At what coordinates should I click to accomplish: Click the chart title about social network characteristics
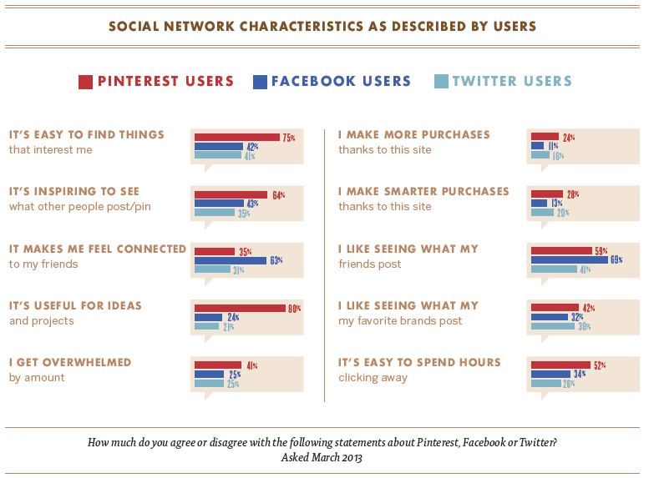click(x=322, y=26)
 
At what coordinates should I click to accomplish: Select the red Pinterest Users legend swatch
click(x=85, y=82)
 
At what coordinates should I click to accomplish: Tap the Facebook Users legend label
click(x=341, y=82)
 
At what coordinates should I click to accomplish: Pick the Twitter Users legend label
click(x=512, y=82)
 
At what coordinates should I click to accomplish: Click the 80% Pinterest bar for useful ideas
click(x=240, y=308)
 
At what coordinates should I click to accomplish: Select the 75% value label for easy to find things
click(x=289, y=137)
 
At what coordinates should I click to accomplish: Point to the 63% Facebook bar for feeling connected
click(x=230, y=259)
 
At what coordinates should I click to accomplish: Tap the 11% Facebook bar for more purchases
click(x=538, y=146)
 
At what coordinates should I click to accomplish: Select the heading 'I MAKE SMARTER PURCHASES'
click(x=423, y=191)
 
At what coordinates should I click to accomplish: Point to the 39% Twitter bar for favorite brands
click(x=553, y=326)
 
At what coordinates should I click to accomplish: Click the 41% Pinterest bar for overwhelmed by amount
click(x=219, y=365)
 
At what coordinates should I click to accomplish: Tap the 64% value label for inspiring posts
click(x=278, y=194)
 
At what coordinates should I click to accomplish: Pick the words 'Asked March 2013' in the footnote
click(x=322, y=457)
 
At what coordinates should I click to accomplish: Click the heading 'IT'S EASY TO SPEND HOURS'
click(x=419, y=362)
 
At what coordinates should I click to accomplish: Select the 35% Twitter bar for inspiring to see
click(x=214, y=213)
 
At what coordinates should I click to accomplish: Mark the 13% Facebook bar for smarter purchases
click(x=540, y=203)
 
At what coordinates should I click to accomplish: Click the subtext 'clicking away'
click(x=373, y=378)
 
